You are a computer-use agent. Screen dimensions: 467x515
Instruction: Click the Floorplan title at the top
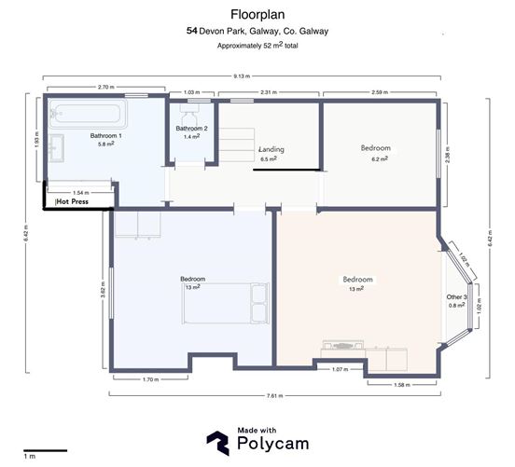click(x=257, y=14)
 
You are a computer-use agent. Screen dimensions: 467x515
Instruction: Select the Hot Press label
click(x=73, y=200)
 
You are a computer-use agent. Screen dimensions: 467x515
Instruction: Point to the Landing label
click(x=271, y=149)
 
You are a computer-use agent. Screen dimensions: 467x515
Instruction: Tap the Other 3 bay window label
click(x=456, y=296)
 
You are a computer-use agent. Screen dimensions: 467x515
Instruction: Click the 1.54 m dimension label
click(x=80, y=191)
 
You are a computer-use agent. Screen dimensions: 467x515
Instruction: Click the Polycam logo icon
click(x=216, y=442)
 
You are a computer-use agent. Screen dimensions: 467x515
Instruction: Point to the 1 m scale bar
click(x=44, y=451)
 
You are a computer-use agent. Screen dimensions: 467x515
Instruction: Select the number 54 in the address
click(x=191, y=31)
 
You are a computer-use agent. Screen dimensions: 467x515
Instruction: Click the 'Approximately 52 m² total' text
click(x=257, y=46)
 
